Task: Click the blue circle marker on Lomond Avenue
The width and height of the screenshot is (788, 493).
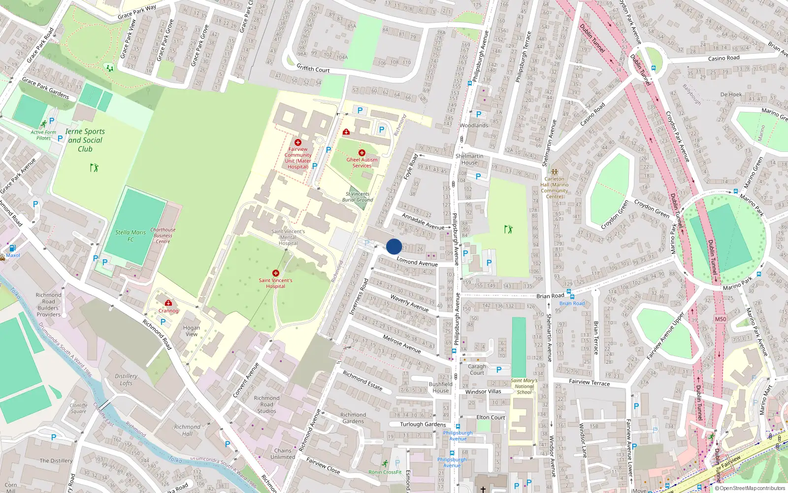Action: tap(394, 246)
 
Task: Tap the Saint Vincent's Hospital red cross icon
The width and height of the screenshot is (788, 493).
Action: tap(276, 273)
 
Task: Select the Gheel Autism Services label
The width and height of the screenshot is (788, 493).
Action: tap(362, 163)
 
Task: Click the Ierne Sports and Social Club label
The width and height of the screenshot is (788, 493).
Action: tap(85, 140)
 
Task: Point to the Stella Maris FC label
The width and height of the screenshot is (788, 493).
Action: tap(131, 236)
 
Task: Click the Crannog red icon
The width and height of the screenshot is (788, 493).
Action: tap(168, 303)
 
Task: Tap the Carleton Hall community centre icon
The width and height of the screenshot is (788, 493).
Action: tap(555, 172)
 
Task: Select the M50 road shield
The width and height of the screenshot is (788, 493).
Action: tap(721, 319)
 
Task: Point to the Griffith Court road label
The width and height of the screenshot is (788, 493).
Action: tap(313, 69)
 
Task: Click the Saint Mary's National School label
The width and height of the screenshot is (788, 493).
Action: tap(524, 387)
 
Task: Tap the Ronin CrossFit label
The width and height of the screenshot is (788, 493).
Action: tap(385, 472)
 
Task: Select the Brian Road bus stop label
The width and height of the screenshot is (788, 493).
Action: tap(572, 303)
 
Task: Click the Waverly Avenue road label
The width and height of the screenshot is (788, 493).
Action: tap(409, 303)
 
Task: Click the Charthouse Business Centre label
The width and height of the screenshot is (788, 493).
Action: tap(163, 236)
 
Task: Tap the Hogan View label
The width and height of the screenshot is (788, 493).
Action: tap(192, 331)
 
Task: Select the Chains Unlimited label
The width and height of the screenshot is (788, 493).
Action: tap(283, 454)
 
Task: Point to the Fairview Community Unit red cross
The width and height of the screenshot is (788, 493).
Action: tap(298, 142)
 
